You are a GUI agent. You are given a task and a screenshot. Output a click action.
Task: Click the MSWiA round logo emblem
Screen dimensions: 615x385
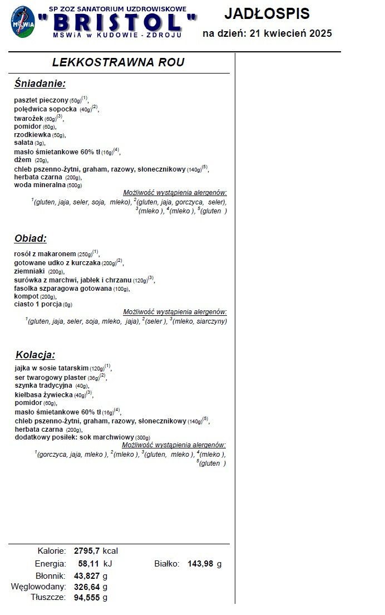(23, 22)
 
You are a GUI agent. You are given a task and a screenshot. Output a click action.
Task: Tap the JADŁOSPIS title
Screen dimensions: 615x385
(267, 14)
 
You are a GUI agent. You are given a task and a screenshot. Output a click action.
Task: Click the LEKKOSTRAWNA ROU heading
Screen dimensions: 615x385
(118, 62)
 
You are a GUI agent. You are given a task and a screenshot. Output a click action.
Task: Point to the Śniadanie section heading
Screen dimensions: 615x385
(40, 84)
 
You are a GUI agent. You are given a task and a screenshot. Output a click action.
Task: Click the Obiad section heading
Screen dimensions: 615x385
(30, 238)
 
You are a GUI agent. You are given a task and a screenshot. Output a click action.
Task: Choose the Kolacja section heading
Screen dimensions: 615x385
(35, 355)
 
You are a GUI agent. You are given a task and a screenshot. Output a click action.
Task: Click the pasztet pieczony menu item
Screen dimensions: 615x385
(41, 100)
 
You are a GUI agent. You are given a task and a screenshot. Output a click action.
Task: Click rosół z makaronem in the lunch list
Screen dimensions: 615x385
(45, 254)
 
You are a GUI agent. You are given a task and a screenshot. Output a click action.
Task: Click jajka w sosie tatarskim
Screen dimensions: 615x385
(52, 369)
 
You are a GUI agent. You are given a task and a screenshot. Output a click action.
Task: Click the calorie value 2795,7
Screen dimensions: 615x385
(87, 551)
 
